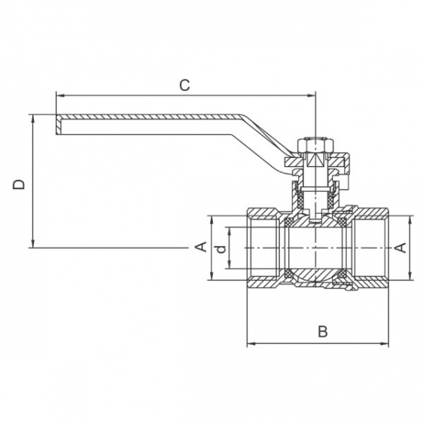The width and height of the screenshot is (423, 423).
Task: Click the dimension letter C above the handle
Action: pos(185,85)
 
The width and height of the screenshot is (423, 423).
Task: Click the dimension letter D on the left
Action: pos(19,184)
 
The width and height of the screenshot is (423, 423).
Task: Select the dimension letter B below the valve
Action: pos(323,331)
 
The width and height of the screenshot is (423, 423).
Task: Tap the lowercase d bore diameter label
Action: pos(221,248)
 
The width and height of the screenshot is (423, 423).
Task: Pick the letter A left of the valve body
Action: pos(201,247)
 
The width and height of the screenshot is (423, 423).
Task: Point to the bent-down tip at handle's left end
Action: pos(59,125)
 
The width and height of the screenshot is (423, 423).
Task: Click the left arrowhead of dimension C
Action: pos(60,96)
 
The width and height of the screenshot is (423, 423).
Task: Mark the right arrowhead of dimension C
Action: pos(312,96)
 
